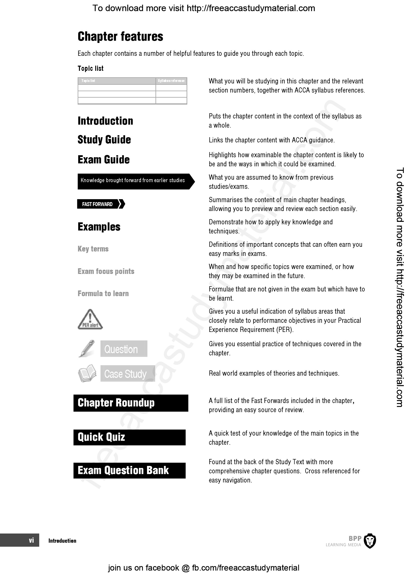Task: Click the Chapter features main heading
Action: [120, 37]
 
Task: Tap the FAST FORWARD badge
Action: [101, 204]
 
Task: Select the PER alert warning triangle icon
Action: [90, 319]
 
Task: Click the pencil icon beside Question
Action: [87, 348]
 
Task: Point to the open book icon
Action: [87, 373]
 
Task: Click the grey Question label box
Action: [124, 349]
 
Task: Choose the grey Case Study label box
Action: [128, 373]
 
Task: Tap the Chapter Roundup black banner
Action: [131, 403]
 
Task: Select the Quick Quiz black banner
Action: [130, 438]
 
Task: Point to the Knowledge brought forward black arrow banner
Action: [136, 181]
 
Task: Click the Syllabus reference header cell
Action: [171, 81]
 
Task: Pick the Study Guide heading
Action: [104, 140]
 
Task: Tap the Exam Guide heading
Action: [104, 160]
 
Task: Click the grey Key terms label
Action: [93, 249]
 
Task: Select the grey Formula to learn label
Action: [103, 293]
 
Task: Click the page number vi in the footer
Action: [31, 540]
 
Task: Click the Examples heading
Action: [99, 227]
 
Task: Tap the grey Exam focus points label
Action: [106, 271]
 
